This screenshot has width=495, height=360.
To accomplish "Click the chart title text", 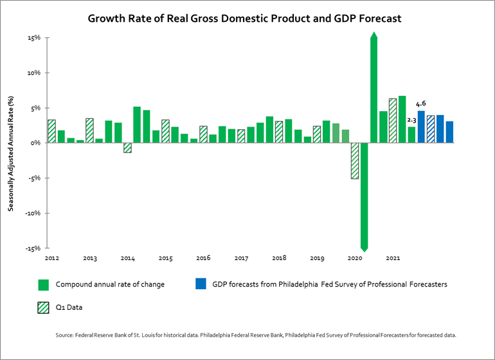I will coord(244,19).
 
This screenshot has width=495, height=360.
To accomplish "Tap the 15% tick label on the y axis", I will coord(33,38).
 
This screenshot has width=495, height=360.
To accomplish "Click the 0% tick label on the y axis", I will coord(35,143).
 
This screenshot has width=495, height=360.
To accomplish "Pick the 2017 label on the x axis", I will coord(240,258).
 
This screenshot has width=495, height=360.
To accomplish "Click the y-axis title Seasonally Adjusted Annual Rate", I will coord(11,153).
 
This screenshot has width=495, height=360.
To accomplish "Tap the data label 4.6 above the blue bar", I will coord(421,104).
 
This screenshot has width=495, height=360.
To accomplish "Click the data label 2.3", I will coord(412,120).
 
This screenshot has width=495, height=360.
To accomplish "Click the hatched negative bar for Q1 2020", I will coord(354,160).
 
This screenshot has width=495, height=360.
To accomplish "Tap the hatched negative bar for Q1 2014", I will coord(127,147).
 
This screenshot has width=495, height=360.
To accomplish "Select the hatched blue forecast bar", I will coord(431,129).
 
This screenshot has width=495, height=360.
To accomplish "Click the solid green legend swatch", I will coord(44,284).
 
